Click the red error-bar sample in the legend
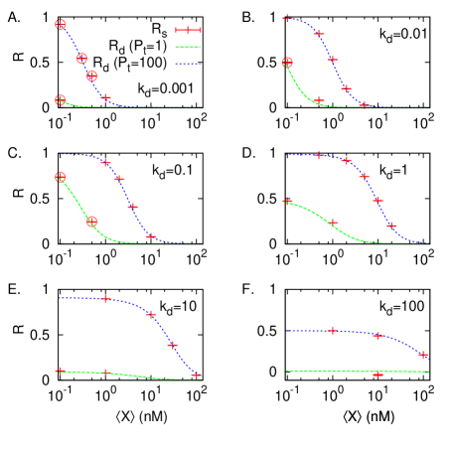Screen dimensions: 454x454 pos(188,30)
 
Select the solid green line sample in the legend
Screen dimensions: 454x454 pos(188,47)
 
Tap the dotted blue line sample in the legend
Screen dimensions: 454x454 pos(188,64)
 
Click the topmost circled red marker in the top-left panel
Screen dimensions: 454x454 pos(61,25)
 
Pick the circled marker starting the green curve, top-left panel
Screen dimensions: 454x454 pos(61,100)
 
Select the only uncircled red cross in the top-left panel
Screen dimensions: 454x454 pos(106,97)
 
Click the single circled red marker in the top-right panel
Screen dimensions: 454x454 pos(287,63)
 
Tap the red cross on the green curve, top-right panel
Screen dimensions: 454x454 pos(319,100)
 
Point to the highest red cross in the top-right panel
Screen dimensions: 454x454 pos(286,18)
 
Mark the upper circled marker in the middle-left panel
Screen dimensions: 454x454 pos(61,177)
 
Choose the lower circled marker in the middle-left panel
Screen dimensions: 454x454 pos(92,222)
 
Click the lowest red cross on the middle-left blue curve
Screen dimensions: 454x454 pos(151,236)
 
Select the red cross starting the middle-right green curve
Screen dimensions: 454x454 pos(287,202)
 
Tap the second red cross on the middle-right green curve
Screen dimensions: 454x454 pos(333,223)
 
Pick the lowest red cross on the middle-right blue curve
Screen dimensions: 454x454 pos(391,226)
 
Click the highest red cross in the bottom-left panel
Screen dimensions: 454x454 pos(106,299)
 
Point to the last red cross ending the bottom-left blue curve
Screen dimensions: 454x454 pos(196,376)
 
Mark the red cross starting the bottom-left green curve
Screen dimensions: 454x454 pos(61,371)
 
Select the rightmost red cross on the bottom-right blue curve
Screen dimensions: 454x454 pos(423,355)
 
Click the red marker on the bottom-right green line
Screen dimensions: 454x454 pos(378,375)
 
